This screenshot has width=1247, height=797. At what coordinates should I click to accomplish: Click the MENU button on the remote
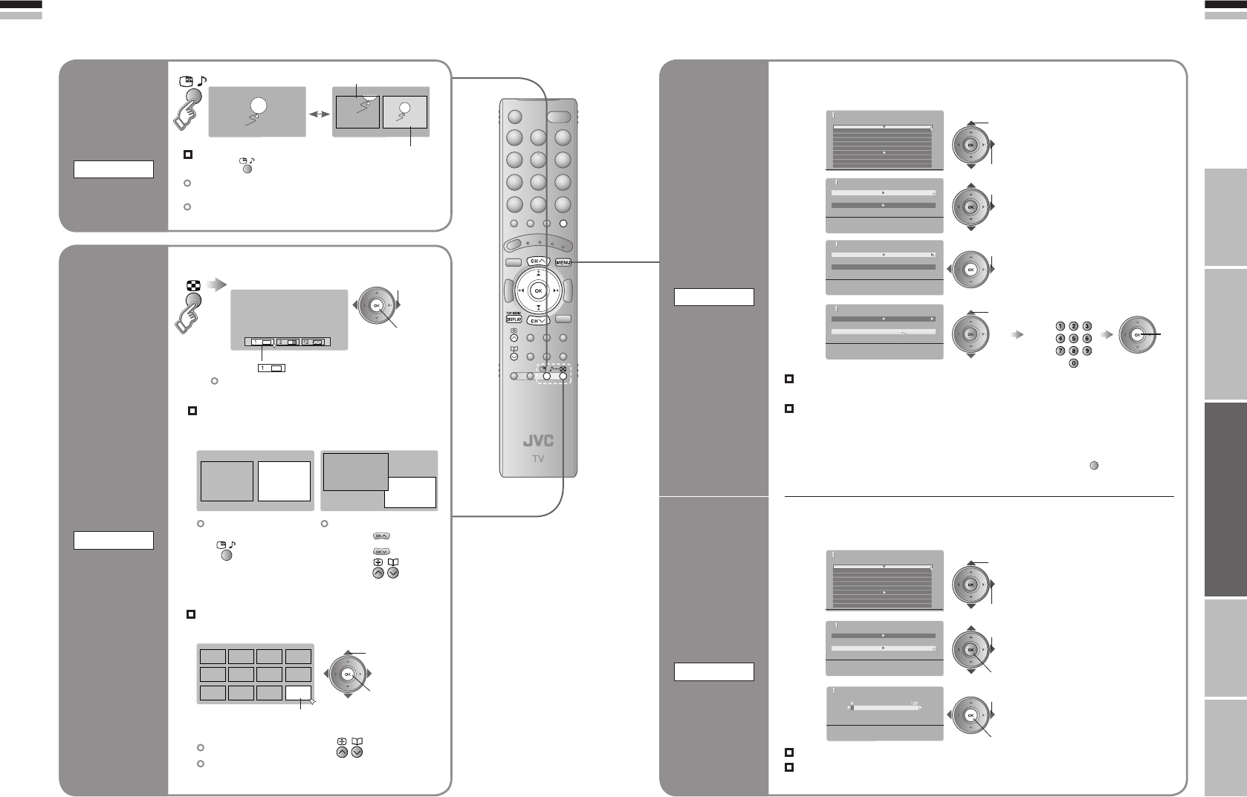pos(563,261)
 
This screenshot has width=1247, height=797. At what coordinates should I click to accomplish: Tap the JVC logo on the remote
pos(538,440)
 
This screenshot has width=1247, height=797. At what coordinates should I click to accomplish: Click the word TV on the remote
pos(538,458)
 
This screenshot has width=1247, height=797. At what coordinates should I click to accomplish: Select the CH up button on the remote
pos(537,261)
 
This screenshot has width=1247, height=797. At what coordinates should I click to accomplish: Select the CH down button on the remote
pos(537,321)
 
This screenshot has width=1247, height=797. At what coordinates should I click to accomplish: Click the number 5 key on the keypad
pos(1073,339)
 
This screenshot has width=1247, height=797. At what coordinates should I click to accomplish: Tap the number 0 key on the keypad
pos(1073,363)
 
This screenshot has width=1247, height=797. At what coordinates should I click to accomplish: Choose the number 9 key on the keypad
pos(1086,351)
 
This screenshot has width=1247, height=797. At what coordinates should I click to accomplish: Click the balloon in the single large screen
pos(256,106)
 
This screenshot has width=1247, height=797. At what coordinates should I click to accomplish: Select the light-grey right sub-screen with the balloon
pos(405,112)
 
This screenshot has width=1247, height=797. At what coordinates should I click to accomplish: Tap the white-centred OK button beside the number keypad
pos(1136,335)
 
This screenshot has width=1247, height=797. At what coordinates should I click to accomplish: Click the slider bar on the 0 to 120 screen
pos(884,708)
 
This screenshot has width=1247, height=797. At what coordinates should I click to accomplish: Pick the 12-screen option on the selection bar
pos(315,342)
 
